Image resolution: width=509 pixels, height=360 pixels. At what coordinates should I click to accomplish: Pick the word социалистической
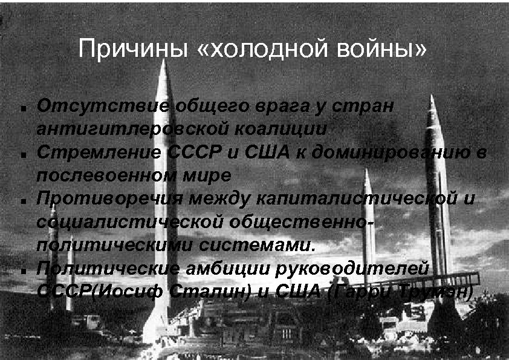pyautogui.click(x=129, y=221)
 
